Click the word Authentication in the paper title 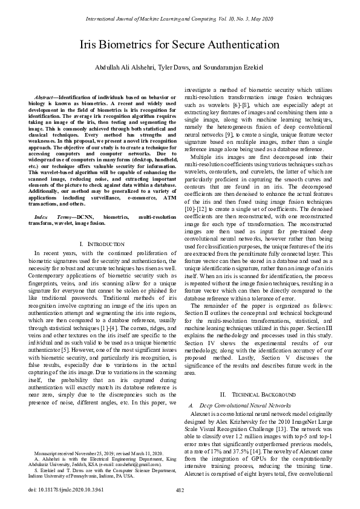coord(240,45)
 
